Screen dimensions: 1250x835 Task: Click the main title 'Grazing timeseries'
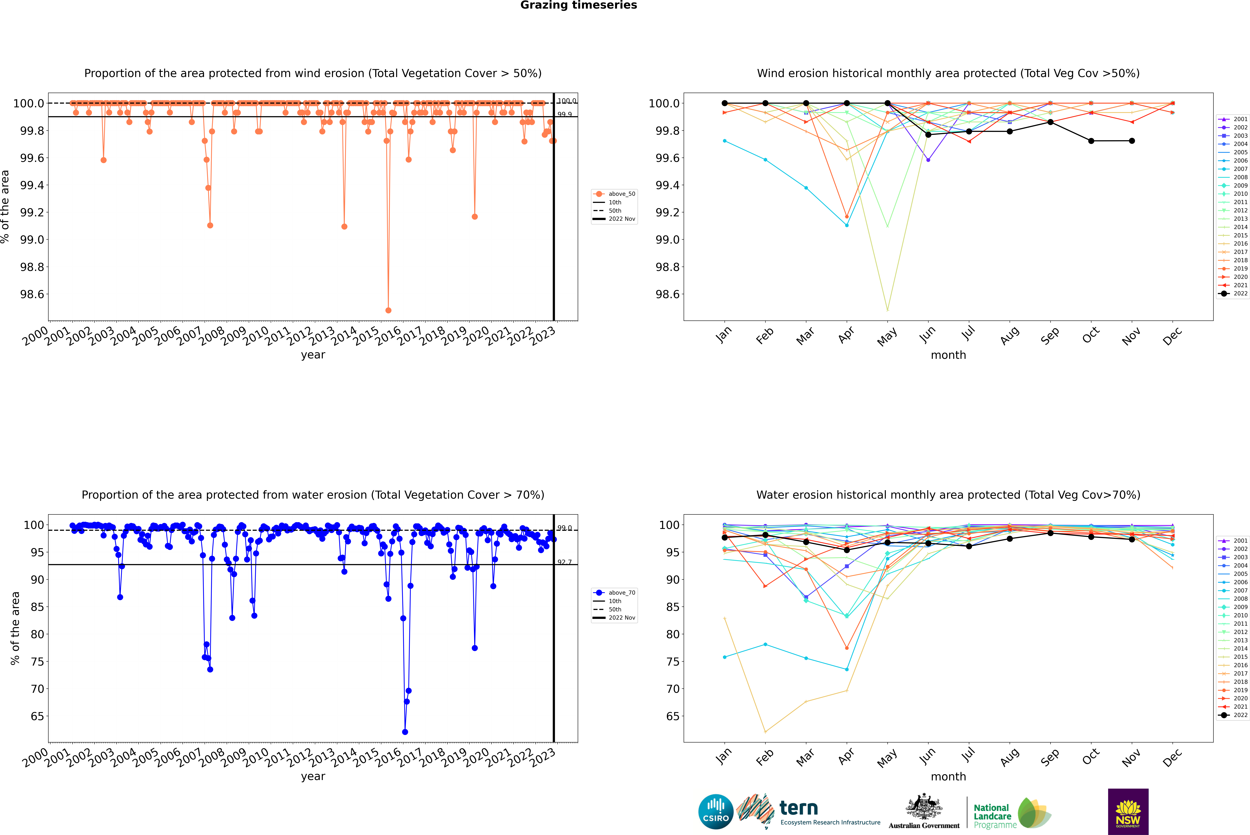(579, 5)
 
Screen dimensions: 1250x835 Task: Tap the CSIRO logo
(716, 812)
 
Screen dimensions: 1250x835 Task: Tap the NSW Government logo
(1128, 812)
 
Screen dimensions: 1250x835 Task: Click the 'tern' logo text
(798, 808)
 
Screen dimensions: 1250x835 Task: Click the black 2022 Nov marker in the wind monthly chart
(1132, 141)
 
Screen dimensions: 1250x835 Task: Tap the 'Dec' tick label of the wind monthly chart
(1172, 337)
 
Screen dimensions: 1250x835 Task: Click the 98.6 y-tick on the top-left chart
(32, 294)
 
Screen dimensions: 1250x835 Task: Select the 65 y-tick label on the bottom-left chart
(37, 716)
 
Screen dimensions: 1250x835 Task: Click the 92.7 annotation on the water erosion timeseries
(565, 562)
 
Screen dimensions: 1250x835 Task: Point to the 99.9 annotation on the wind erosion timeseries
(565, 114)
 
